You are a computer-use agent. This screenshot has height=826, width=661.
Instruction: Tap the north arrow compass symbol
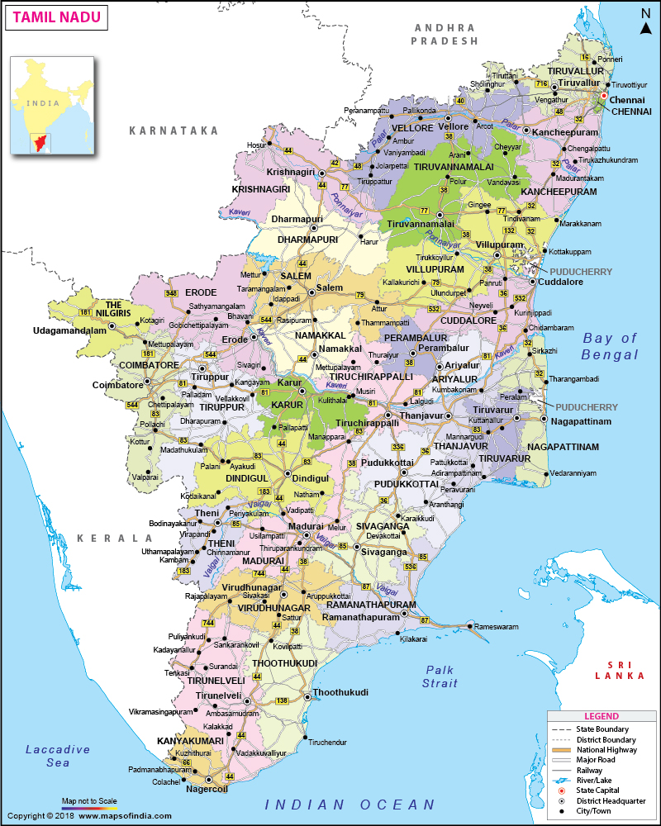(x=645, y=22)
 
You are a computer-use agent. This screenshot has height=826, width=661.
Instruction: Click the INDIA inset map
(x=50, y=105)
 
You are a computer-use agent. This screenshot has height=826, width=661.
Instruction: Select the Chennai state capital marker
(x=603, y=96)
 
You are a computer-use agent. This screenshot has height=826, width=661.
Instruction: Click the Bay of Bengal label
(x=611, y=346)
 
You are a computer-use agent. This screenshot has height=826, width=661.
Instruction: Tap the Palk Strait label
(x=440, y=676)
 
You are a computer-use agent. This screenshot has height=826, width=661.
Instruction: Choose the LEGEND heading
(x=601, y=716)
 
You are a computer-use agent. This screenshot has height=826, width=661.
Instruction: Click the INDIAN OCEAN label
(x=350, y=805)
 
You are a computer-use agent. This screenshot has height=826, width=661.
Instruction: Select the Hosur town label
(x=257, y=145)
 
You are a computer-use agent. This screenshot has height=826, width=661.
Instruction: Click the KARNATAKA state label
(x=174, y=131)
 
